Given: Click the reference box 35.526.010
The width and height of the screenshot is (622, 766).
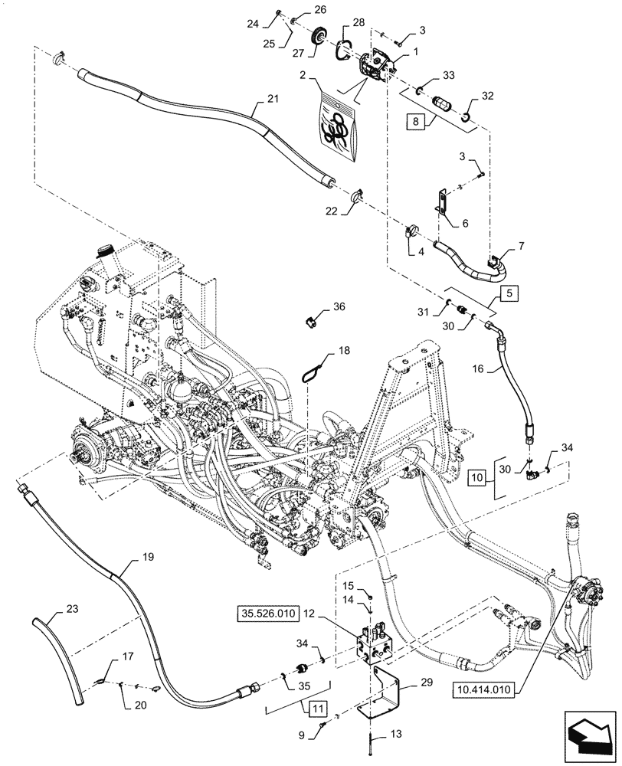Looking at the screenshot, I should (x=270, y=614).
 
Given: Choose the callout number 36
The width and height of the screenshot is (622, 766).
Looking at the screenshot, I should (x=340, y=306).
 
